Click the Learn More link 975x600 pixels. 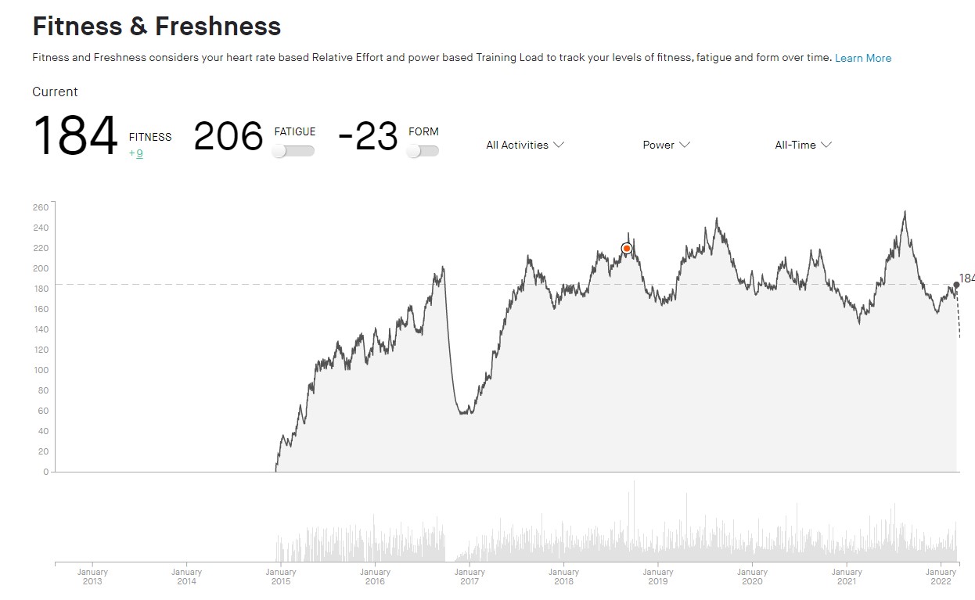[x=862, y=58]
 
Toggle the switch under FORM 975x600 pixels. [x=423, y=151]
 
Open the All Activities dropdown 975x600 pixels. [x=524, y=145]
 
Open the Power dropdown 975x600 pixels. [x=666, y=145]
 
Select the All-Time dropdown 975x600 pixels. [x=803, y=145]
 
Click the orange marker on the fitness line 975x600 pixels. [x=627, y=249]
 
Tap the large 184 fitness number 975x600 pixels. [x=75, y=137]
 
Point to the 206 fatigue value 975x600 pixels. [x=228, y=137]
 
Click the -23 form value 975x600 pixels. [x=368, y=137]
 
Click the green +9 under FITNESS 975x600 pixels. [x=136, y=153]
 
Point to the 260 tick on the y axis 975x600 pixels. [x=41, y=207]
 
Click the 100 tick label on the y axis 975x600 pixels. [x=41, y=370]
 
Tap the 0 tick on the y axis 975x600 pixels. [x=45, y=472]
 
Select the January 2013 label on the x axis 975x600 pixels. [x=92, y=577]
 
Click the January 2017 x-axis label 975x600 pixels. [x=470, y=577]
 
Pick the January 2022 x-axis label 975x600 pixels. [x=941, y=577]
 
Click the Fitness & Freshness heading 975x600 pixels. [x=157, y=27]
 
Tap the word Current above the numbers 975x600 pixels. [x=55, y=92]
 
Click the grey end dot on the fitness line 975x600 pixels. [x=956, y=285]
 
